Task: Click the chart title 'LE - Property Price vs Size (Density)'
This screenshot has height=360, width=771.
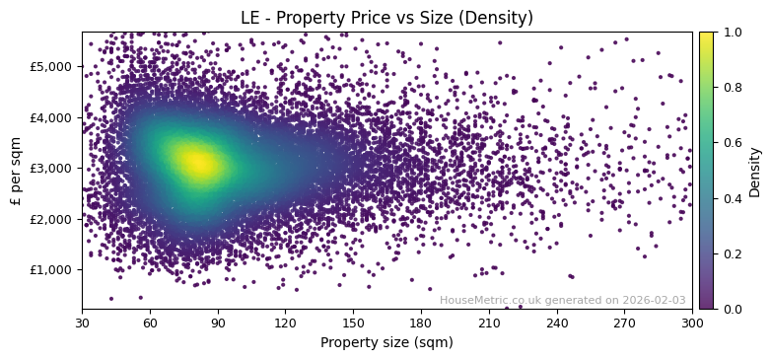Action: (x=386, y=18)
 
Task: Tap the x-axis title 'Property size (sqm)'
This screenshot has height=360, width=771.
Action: (x=386, y=343)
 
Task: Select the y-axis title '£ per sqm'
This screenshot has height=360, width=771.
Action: (x=16, y=170)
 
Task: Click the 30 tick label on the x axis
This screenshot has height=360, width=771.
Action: (x=82, y=323)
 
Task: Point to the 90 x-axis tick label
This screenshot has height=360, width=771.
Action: (x=218, y=323)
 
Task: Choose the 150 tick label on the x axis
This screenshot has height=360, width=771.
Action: (x=353, y=323)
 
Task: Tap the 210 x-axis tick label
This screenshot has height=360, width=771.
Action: (x=489, y=323)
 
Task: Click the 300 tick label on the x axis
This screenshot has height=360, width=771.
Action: (x=692, y=323)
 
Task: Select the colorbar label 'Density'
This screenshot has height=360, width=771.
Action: (x=755, y=171)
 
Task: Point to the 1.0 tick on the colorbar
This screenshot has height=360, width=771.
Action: (x=732, y=33)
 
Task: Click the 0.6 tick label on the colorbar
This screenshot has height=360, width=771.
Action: (x=732, y=143)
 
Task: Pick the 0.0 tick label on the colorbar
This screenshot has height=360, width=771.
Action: (x=732, y=309)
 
